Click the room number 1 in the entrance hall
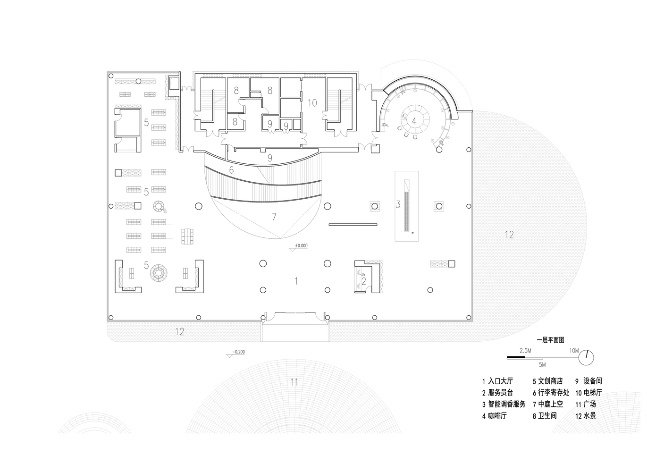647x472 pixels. (x=296, y=281)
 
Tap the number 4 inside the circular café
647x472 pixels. (x=414, y=120)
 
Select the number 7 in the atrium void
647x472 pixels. (x=274, y=217)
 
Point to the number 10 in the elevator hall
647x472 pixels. (x=312, y=102)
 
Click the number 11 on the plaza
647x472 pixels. (x=294, y=382)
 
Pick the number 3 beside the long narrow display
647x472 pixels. (x=398, y=204)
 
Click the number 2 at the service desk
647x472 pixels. (x=364, y=281)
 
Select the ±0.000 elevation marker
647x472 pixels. (x=301, y=245)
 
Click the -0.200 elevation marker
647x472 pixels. (x=238, y=352)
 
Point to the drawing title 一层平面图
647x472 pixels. (x=550, y=340)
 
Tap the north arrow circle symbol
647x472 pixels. (x=587, y=357)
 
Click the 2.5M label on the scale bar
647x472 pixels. (x=525, y=351)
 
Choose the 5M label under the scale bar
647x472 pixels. (x=542, y=365)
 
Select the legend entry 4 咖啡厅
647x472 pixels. (x=494, y=416)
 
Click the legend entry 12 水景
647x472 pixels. (x=585, y=416)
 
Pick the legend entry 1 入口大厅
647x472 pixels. (x=497, y=381)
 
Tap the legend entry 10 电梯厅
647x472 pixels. (x=588, y=393)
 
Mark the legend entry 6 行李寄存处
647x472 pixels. (x=551, y=393)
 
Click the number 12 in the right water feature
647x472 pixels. (x=509, y=235)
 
